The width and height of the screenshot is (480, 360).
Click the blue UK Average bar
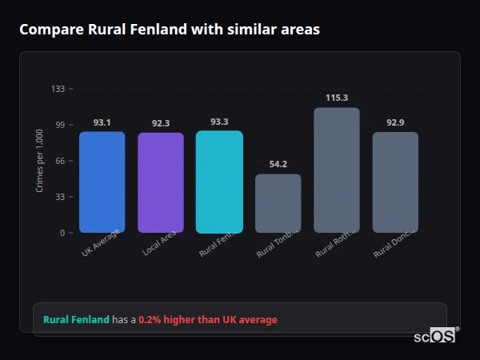tap(102, 182)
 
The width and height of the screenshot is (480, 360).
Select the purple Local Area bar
tap(160, 182)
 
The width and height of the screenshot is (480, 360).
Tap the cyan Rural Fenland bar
tap(219, 182)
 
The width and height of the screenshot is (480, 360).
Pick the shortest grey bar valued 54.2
tap(278, 203)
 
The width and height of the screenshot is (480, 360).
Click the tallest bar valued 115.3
tap(336, 170)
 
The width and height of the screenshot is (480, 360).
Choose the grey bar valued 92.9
tap(395, 182)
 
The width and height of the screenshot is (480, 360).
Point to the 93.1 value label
tap(102, 122)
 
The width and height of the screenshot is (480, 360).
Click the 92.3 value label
tap(160, 123)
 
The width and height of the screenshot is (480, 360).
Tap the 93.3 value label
tap(219, 122)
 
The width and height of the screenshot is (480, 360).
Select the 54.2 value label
tap(278, 164)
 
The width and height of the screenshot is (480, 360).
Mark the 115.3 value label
tap(336, 98)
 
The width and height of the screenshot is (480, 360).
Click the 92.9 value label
tap(395, 122)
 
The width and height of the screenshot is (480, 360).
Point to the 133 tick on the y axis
tap(58, 89)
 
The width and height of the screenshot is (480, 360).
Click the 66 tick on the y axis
tap(60, 161)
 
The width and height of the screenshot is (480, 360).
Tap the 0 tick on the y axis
tap(62, 233)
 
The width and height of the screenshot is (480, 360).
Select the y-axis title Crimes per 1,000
tap(39, 160)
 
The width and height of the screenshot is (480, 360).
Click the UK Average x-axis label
tap(101, 242)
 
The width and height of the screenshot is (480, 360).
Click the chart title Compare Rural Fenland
tap(170, 30)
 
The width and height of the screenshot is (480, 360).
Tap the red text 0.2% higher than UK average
tap(208, 320)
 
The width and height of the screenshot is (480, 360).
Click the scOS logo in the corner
tap(435, 336)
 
